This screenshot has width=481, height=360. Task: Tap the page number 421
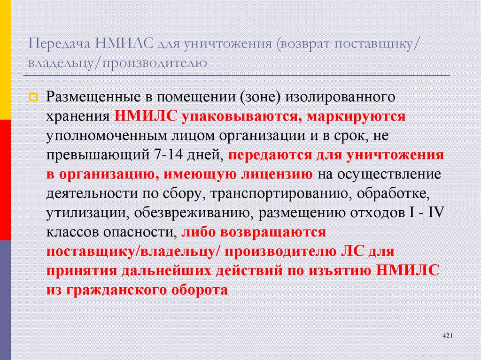click(x=447, y=336)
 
